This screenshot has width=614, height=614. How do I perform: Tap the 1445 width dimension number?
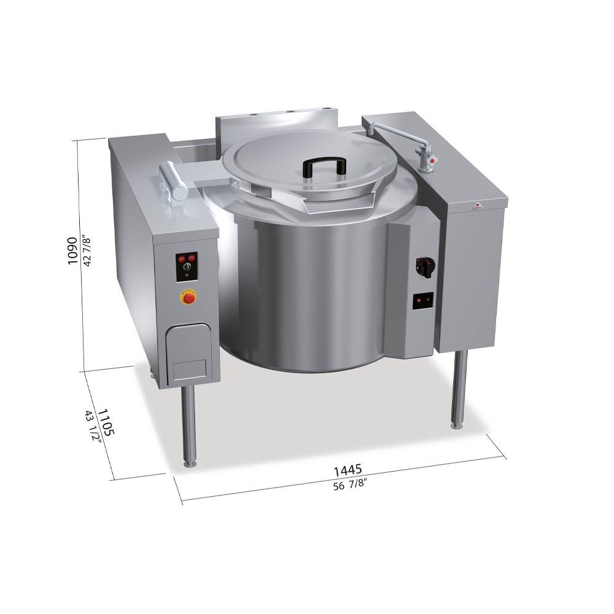[348, 470]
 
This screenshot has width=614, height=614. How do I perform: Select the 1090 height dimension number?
[73, 251]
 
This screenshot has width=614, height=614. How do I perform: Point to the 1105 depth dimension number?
[106, 422]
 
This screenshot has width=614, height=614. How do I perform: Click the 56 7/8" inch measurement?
[349, 486]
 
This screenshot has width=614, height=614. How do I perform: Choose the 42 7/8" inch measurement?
[87, 251]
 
